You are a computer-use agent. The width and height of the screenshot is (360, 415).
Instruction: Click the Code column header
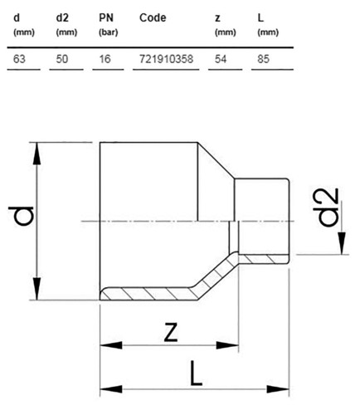point(153,18)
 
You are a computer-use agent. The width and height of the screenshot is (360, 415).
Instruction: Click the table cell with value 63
point(19,59)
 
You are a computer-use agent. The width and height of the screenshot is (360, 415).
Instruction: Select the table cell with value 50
point(62,59)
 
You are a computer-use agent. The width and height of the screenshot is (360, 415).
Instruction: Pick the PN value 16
point(105,59)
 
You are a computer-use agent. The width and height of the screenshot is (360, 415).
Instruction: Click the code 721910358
point(166,59)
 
